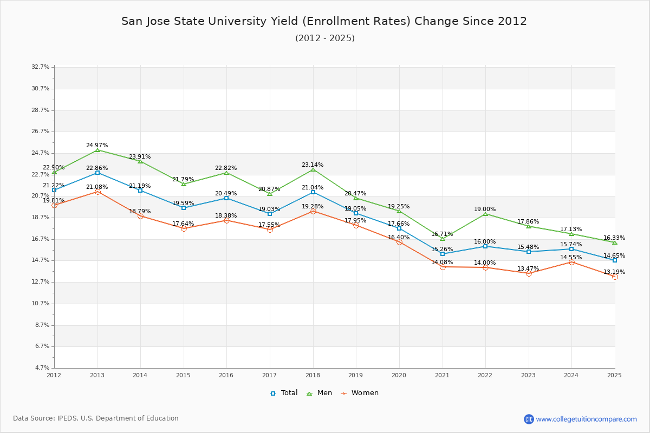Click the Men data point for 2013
click(x=97, y=150)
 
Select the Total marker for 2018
click(x=313, y=192)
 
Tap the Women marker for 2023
click(x=529, y=273)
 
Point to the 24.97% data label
click(x=97, y=146)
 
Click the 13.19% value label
click(x=614, y=272)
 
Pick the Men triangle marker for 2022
click(x=485, y=214)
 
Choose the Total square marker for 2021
click(x=443, y=254)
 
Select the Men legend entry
click(x=320, y=393)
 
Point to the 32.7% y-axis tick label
click(x=41, y=67)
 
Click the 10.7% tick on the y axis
click(x=41, y=303)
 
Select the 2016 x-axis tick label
click(x=226, y=375)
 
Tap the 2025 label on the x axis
click(x=614, y=375)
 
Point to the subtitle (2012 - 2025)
click(x=325, y=38)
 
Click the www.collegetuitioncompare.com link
click(x=586, y=419)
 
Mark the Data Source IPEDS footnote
click(x=96, y=418)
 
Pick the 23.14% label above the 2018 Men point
click(x=313, y=165)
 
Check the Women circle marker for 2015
click(x=184, y=228)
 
